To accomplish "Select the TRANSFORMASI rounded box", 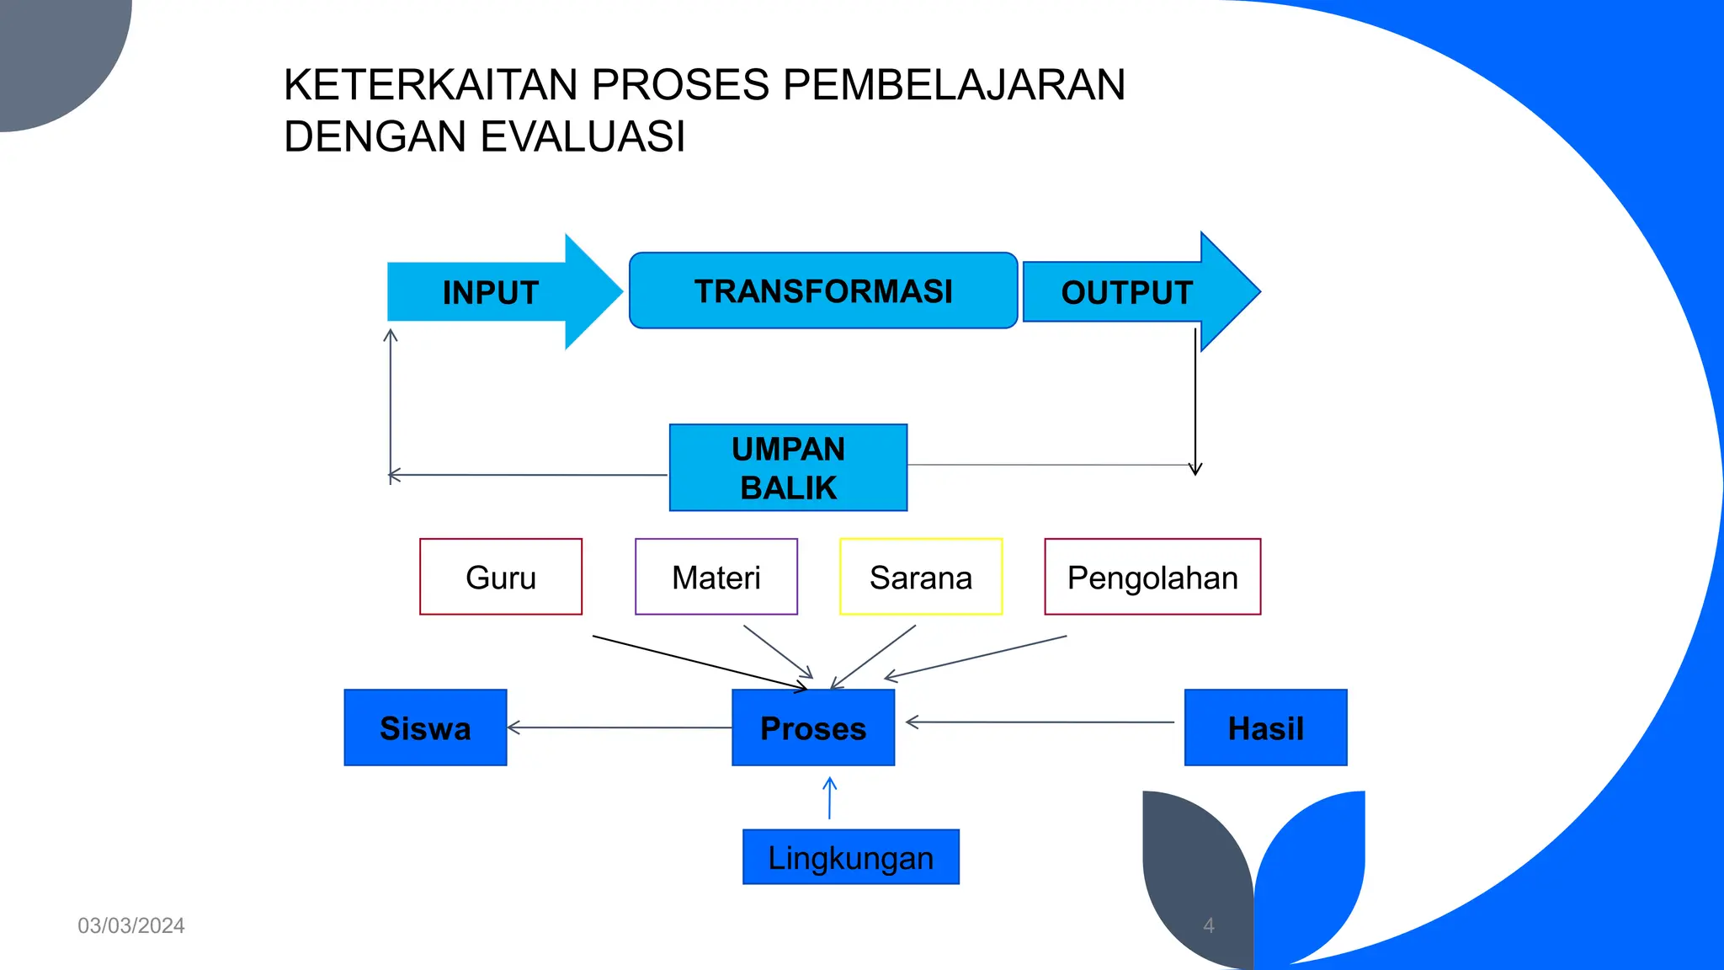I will click(x=822, y=290).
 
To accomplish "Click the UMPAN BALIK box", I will click(x=788, y=468).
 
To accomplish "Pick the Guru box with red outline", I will click(x=501, y=578).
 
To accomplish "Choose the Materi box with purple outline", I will click(x=716, y=578).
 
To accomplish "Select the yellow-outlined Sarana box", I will click(x=921, y=578).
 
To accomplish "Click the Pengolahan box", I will click(x=1152, y=578).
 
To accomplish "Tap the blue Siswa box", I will click(x=425, y=728).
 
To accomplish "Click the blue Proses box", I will click(x=813, y=728).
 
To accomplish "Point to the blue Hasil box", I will click(x=1265, y=728).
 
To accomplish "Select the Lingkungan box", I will click(x=850, y=857).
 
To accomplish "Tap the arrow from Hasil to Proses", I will click(x=1040, y=722).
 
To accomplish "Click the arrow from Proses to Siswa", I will click(x=619, y=727).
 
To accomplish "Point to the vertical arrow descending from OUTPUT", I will click(x=1195, y=404).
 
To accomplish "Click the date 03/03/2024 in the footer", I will click(x=131, y=925).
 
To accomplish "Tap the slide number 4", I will click(x=1209, y=925).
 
